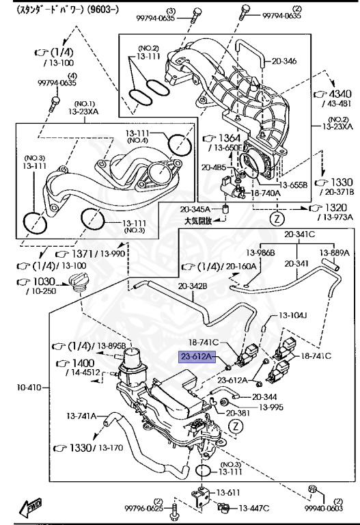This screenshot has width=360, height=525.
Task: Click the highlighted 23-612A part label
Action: pos(197,356)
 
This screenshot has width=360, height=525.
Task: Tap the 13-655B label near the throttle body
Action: pos(295,184)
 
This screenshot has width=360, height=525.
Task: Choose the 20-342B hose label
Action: pos(193,286)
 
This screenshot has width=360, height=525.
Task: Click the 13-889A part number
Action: pos(335,252)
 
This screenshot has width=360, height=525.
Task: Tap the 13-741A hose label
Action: pos(82,415)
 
